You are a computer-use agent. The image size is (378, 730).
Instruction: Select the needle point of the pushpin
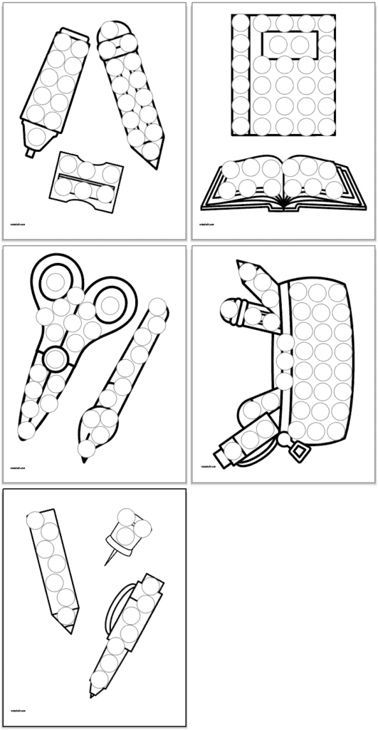point(106,563)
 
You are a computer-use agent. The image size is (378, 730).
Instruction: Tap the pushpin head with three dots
point(131,528)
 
